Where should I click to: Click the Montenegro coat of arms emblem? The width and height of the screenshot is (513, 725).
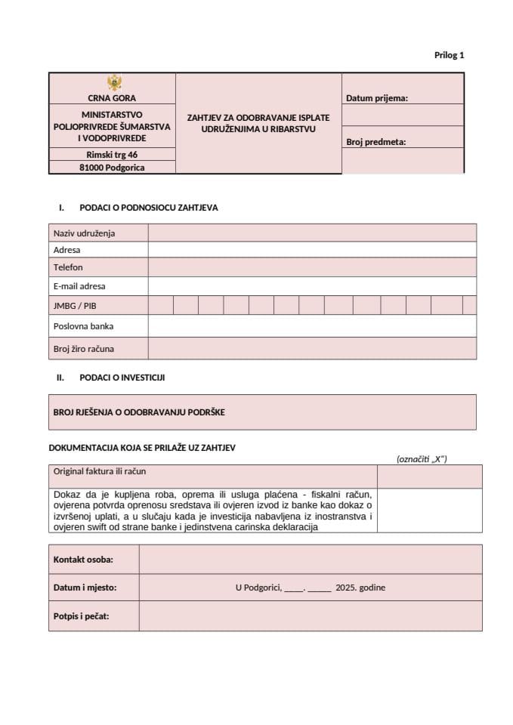tap(113, 83)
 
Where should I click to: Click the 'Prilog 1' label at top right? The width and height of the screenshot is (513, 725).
tap(449, 55)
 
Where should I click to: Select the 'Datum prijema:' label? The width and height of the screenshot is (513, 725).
tap(376, 98)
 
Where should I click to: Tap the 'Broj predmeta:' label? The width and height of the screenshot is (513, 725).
tap(375, 141)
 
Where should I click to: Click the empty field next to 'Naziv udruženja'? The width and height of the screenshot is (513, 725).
tap(311, 233)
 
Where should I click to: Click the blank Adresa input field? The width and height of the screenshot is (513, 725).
tap(311, 250)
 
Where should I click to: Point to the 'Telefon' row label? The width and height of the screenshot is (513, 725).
tap(68, 267)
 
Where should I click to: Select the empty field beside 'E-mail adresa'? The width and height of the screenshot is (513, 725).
tap(311, 286)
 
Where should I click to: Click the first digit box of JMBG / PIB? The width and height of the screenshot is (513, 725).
tap(160, 305)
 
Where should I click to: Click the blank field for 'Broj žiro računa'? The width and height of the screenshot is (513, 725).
tap(311, 348)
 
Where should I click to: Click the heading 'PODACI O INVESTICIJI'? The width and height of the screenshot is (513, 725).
tap(122, 378)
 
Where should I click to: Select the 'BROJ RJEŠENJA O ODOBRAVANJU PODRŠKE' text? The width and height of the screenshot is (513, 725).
tap(139, 412)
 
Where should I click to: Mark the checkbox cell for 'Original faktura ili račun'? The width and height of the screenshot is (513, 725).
tap(429, 477)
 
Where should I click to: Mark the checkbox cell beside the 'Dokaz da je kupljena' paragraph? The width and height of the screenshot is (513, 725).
tap(429, 511)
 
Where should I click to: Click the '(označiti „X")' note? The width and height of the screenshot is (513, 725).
tap(422, 458)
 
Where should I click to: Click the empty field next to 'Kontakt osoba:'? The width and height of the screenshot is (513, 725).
tap(310, 560)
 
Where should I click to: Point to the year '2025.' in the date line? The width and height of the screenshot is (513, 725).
tap(346, 588)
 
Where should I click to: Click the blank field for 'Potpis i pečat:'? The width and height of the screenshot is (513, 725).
tap(310, 616)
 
